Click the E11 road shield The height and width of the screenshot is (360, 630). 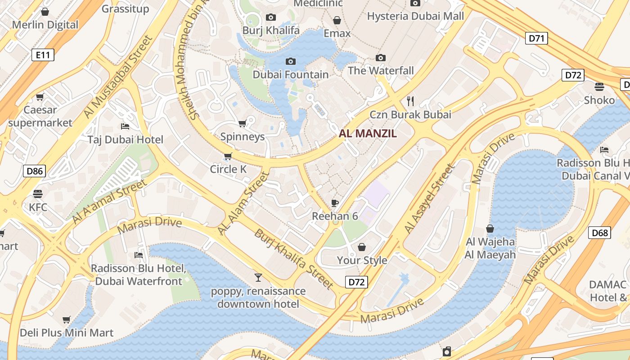tap(43, 55)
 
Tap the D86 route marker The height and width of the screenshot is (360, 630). tap(34, 171)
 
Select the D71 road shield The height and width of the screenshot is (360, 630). tap(536, 38)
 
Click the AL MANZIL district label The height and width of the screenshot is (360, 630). tap(368, 133)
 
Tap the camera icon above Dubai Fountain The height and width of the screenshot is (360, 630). tap(291, 61)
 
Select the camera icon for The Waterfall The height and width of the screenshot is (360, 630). tap(381, 58)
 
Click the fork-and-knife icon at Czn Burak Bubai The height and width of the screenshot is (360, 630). tap(410, 101)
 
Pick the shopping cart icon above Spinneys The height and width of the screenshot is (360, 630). tap(242, 123)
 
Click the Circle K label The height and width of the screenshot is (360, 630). tap(228, 169)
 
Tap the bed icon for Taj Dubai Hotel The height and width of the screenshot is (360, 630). tap(125, 126)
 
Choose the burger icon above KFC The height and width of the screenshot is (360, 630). tap(38, 194)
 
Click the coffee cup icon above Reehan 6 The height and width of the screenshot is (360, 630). tap(335, 203)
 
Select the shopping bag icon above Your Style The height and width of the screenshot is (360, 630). tap(362, 247)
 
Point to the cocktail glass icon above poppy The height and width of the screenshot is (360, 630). tap(258, 277)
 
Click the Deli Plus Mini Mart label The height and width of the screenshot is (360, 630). tap(67, 333)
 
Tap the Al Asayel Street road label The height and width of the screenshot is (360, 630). tap(430, 198)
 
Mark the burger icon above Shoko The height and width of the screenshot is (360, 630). tap(599, 86)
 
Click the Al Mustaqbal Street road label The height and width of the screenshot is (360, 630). tap(119, 77)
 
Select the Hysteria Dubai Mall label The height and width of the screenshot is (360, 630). tap(415, 17)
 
